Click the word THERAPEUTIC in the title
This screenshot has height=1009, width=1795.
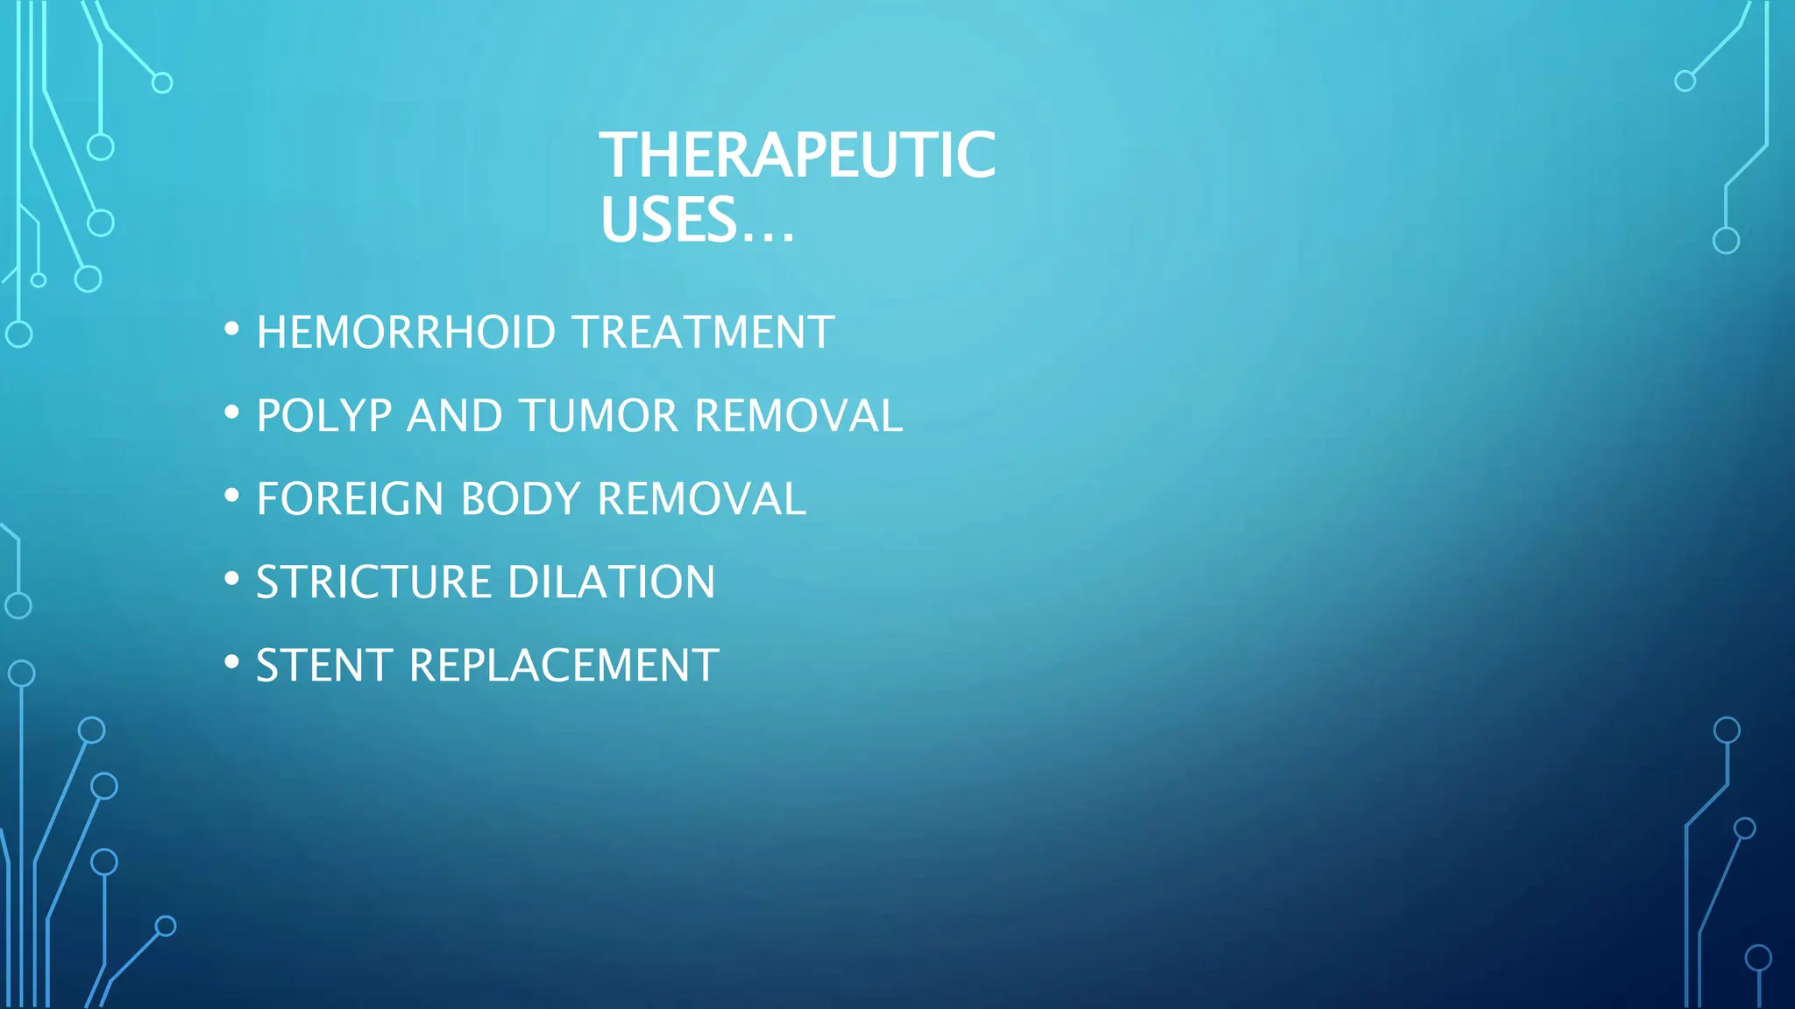pyautogui.click(x=797, y=155)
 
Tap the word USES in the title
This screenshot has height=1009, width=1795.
pyautogui.click(x=668, y=220)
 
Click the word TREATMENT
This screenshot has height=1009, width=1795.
pyautogui.click(x=703, y=333)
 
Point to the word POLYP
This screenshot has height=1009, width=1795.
pyautogui.click(x=323, y=416)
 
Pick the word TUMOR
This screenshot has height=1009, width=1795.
pyautogui.click(x=598, y=416)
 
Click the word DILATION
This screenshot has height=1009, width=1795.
pyautogui.click(x=611, y=582)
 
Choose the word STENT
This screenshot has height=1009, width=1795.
pyautogui.click(x=323, y=666)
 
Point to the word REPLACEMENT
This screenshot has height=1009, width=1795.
pyautogui.click(x=564, y=666)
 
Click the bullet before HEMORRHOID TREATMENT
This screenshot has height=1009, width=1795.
pyautogui.click(x=231, y=329)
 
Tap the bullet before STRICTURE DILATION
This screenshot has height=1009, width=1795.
pyautogui.click(x=231, y=579)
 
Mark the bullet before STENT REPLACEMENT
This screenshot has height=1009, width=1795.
pyautogui.click(x=231, y=662)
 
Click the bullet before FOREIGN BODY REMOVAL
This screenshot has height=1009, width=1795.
pyautogui.click(x=231, y=496)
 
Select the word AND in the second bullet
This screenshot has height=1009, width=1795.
pyautogui.click(x=454, y=416)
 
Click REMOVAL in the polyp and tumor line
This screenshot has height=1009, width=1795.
pyautogui.click(x=798, y=416)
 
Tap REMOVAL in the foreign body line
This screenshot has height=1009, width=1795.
pyautogui.click(x=700, y=499)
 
